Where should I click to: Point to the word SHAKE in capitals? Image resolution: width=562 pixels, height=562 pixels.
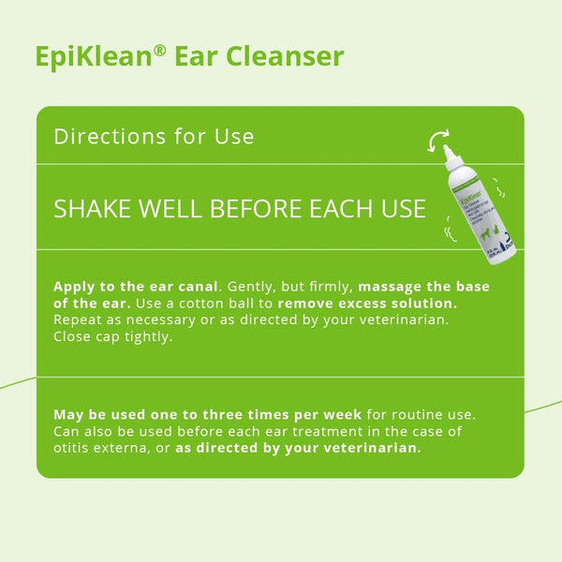pyautogui.click(x=95, y=208)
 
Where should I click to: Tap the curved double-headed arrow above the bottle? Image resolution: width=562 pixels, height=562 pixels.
pyautogui.click(x=437, y=141)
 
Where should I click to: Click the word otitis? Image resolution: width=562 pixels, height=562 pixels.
pyautogui.click(x=76, y=447)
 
